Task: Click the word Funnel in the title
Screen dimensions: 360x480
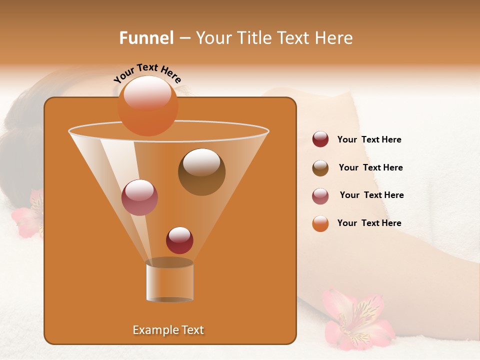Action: [146, 38]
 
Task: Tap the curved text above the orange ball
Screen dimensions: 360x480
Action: [147, 73]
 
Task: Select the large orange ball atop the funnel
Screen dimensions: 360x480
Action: [147, 105]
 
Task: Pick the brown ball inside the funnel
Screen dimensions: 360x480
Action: [201, 171]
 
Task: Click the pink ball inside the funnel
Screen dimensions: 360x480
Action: [139, 197]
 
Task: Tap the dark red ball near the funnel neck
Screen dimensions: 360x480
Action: [179, 240]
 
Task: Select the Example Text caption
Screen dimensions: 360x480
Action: [168, 330]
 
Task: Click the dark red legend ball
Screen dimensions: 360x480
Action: [320, 139]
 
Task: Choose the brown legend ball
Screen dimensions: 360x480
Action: [320, 168]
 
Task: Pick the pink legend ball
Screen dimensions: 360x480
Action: [320, 196]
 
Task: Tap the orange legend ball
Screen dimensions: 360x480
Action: [320, 223]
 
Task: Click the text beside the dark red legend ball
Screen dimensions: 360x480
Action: [369, 140]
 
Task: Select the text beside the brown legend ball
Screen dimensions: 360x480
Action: [370, 168]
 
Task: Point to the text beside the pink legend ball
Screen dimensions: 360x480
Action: [371, 195]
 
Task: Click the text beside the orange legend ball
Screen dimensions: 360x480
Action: [369, 223]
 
